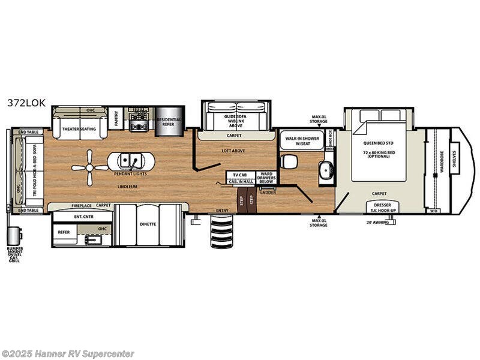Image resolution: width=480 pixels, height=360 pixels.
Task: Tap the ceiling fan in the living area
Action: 89,167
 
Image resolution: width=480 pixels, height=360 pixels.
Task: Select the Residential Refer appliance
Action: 169,122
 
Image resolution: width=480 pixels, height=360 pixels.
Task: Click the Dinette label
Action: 148,224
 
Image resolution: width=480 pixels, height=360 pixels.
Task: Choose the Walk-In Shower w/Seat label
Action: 301,140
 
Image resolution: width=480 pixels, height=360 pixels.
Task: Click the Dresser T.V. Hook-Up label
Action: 379,208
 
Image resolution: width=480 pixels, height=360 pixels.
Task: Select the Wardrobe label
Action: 442,162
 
